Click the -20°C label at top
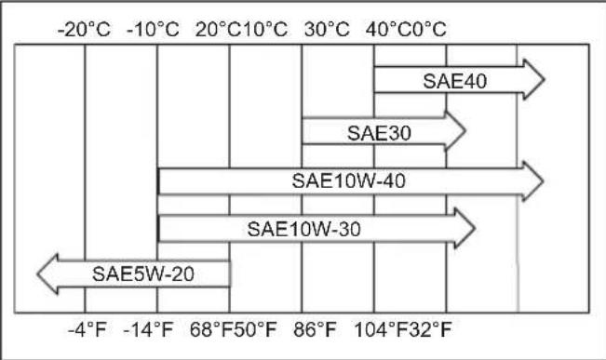coord(85,30)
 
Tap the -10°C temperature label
coord(153,30)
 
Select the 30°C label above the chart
coord(327,30)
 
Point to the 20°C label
coord(218,30)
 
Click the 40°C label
coord(388,30)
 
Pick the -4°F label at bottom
coord(87,330)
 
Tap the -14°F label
coord(148,330)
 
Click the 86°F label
coord(315,330)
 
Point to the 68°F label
coord(211,330)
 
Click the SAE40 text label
coord(455,81)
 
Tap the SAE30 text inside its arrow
coord(379,133)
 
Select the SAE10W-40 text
coord(348,181)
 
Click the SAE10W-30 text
coord(303,229)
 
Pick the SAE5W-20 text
coord(143,273)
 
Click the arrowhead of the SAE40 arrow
coord(533,80)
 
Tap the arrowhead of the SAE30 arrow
coord(455,131)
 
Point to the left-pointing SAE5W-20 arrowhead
coord(47,273)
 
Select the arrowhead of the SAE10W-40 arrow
coord(532,180)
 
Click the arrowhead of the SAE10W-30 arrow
coord(465,228)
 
